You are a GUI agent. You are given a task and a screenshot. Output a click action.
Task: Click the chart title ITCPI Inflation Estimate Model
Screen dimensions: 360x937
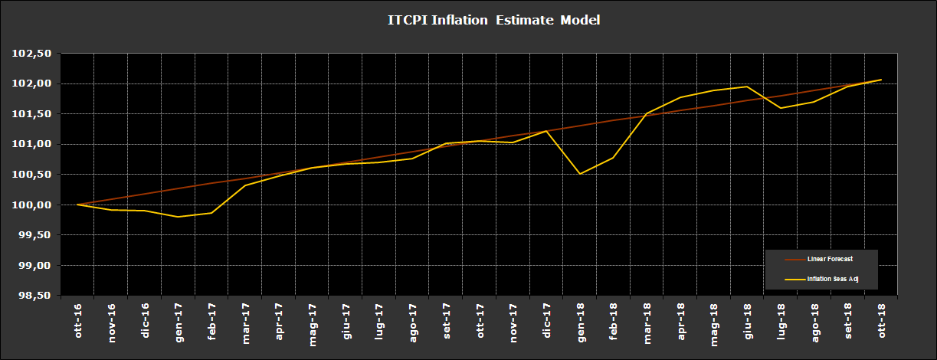point(494,20)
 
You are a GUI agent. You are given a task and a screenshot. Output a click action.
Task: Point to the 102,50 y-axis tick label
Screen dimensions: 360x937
point(33,54)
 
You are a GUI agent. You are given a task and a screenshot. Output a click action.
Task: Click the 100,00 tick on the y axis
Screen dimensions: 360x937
point(33,205)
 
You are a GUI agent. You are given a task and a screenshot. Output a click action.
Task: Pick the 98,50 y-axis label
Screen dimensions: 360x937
point(33,296)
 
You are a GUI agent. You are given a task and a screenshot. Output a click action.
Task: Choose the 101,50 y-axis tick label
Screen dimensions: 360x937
point(33,114)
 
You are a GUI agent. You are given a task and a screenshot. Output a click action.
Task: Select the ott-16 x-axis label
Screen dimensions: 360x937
point(78,322)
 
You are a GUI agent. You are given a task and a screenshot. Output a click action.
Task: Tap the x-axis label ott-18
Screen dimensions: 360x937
point(881,322)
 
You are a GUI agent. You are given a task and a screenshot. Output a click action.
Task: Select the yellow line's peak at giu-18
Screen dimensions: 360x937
point(747,87)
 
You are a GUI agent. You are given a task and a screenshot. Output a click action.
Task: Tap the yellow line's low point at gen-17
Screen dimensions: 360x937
point(178,217)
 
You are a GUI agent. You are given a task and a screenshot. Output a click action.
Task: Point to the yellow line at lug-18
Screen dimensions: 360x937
point(781,108)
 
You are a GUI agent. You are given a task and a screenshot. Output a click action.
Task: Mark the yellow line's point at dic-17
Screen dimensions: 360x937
point(546,131)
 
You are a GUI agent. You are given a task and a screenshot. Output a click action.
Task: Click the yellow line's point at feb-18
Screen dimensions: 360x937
point(613,158)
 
